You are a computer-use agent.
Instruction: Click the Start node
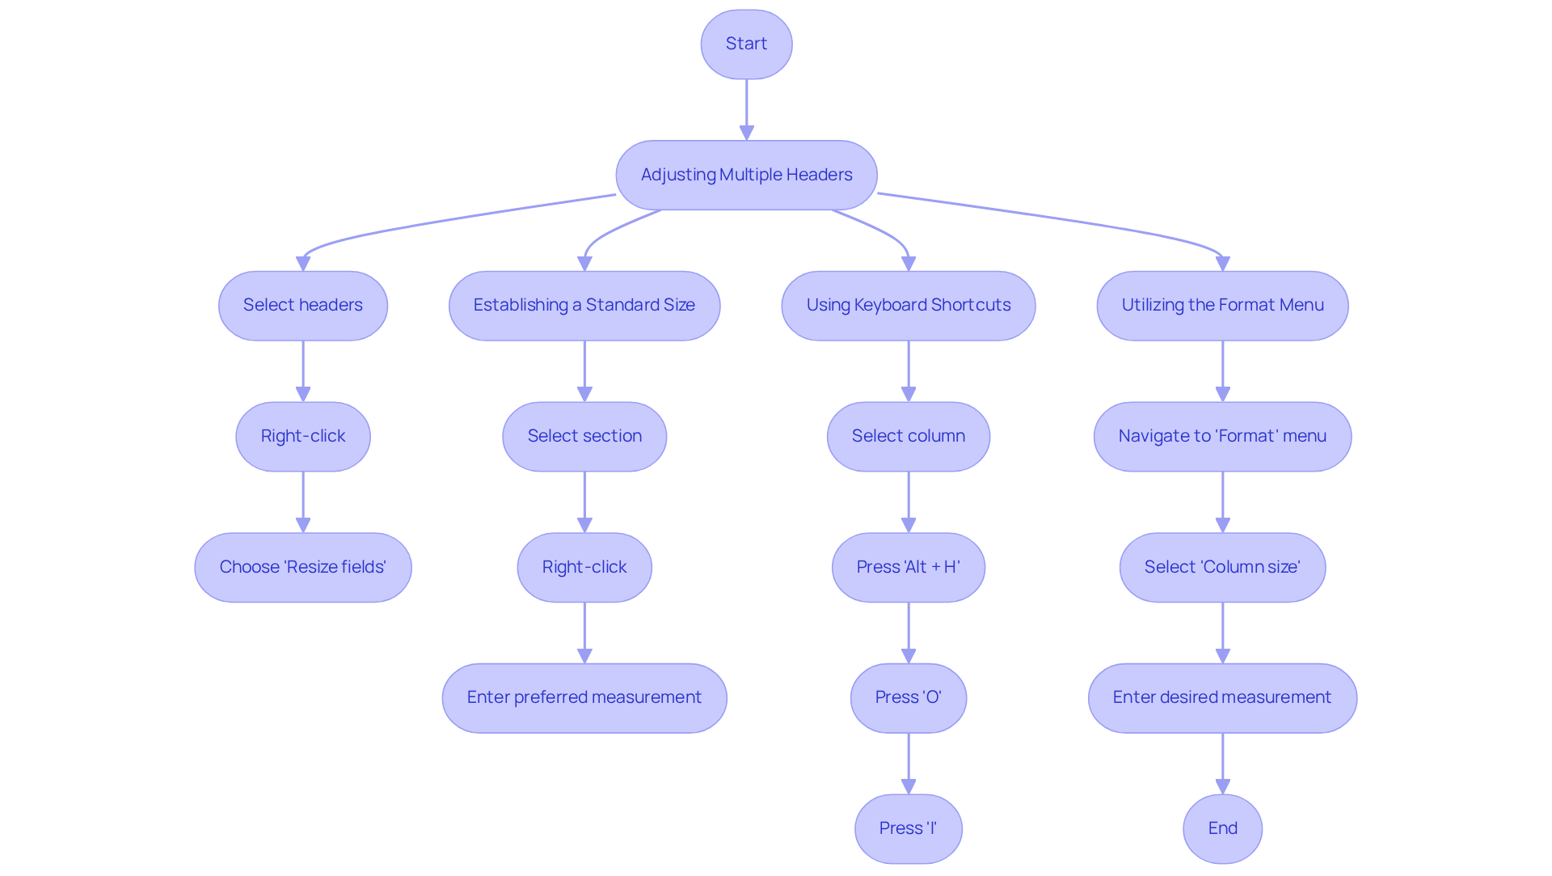[x=746, y=44]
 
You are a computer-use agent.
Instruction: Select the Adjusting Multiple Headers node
[x=746, y=175]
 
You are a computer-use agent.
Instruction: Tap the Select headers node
[x=303, y=306]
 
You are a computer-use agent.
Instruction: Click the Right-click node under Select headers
[x=303, y=437]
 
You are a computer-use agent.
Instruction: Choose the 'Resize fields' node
[x=303, y=567]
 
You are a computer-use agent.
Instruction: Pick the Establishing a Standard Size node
[x=584, y=306]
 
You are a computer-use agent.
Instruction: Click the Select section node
[x=584, y=437]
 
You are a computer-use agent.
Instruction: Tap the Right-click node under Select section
[x=584, y=567]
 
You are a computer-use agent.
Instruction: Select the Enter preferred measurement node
[x=584, y=698]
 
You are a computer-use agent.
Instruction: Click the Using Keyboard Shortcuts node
[x=909, y=306]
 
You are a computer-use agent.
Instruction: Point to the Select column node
[x=909, y=437]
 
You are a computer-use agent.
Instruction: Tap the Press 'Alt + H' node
[x=909, y=567]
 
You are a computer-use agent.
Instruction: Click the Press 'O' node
[x=909, y=698]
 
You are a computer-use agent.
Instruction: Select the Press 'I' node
[x=909, y=828]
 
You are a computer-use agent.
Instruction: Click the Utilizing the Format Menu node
[x=1222, y=306]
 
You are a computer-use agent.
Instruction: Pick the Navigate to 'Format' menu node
[x=1222, y=437]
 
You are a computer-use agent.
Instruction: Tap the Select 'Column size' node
[x=1222, y=567]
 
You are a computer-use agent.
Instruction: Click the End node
[x=1222, y=828]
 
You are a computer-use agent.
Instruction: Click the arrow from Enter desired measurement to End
[x=1222, y=764]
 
